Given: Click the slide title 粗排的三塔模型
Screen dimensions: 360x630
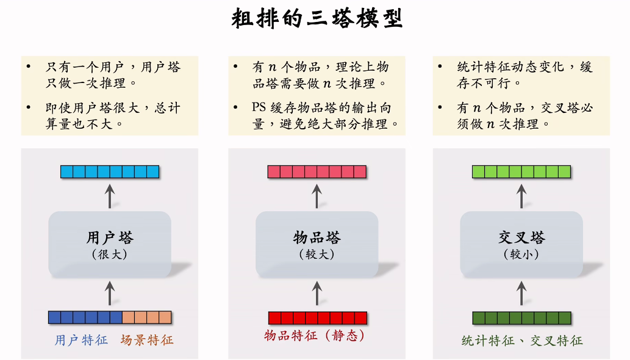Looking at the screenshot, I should (x=317, y=18).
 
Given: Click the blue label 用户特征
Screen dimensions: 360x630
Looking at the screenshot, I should (x=81, y=340).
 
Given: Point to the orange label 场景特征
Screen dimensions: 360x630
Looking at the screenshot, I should (x=147, y=340).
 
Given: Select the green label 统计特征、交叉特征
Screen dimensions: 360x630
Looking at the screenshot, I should (x=522, y=340).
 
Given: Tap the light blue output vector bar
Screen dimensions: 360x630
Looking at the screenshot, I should (x=110, y=171).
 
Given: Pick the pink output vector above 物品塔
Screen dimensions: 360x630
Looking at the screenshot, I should (x=317, y=171).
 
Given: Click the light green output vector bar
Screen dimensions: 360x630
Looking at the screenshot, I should (x=521, y=171).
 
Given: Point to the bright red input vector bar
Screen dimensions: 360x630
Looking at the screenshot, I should (x=318, y=318).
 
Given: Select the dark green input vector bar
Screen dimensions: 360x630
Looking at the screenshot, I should (x=521, y=318).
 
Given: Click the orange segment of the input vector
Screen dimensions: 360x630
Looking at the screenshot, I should (x=146, y=317).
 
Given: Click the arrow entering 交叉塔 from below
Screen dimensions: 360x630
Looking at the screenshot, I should (x=521, y=293).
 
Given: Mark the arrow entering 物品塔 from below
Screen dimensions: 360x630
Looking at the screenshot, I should (x=317, y=293).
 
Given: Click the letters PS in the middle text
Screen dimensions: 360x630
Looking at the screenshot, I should (x=259, y=108).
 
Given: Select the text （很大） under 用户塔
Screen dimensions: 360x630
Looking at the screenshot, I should (x=110, y=254).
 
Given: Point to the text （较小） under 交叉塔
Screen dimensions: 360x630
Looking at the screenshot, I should (x=521, y=254).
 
